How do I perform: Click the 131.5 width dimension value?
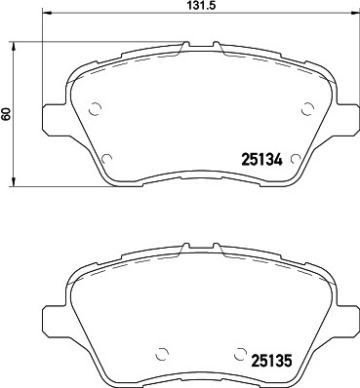(x=202, y=6)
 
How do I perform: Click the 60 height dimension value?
(x=6, y=114)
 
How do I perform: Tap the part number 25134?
(x=261, y=160)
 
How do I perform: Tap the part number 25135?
(x=270, y=361)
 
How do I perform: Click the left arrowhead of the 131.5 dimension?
(x=47, y=13)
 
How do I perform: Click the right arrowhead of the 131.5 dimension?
(x=352, y=13)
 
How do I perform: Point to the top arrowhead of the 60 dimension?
(x=13, y=46)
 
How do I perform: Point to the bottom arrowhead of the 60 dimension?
(x=13, y=182)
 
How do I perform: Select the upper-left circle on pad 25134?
(x=96, y=109)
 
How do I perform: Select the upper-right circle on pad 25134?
(x=307, y=108)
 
